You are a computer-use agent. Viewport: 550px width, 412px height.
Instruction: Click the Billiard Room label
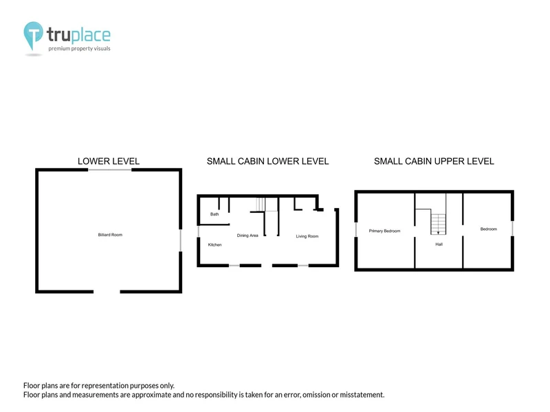point(110,235)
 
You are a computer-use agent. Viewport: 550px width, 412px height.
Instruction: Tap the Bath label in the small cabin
point(214,214)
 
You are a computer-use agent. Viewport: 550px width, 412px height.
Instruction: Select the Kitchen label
point(214,244)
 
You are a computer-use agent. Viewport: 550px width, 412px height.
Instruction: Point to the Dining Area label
point(247,236)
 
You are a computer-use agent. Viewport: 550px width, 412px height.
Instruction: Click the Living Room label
point(307,236)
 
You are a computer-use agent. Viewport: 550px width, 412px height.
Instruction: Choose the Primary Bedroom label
point(384,231)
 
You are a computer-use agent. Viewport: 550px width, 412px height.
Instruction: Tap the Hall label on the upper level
point(439,244)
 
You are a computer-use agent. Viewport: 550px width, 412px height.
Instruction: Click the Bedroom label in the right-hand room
point(489,229)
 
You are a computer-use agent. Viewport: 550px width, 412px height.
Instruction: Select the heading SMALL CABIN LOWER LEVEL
point(267,161)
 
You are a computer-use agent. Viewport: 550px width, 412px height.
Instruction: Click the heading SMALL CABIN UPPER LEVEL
point(434,161)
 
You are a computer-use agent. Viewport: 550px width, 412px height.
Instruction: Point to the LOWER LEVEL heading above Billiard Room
point(109,161)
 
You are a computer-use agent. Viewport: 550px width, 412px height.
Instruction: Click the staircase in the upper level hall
point(439,225)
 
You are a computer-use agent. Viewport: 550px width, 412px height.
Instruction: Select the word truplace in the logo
point(78,35)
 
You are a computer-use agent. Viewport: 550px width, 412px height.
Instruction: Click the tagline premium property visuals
point(79,48)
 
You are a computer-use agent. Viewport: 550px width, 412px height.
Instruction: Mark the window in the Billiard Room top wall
point(109,170)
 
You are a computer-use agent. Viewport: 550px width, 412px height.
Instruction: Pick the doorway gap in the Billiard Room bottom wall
point(107,291)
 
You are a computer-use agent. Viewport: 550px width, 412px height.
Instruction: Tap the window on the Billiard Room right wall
point(181,240)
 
